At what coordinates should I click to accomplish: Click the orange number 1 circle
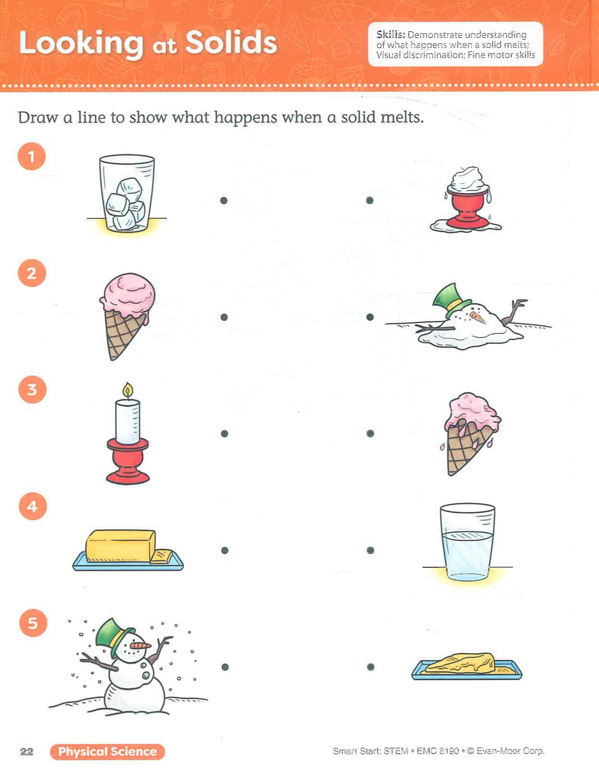coord(32,156)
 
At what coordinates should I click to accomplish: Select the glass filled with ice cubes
coord(127,193)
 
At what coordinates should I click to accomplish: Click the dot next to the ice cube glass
coord(224,200)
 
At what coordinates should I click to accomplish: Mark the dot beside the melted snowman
coord(370,317)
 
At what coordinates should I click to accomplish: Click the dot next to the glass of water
coord(370,550)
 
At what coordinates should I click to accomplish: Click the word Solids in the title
coord(231,42)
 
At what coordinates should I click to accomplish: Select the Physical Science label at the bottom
coord(107,752)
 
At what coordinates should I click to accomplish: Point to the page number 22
coord(26,752)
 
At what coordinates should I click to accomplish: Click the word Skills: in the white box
coord(391,35)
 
